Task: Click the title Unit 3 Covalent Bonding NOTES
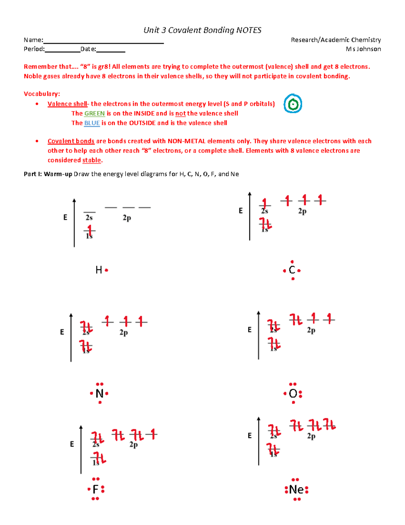(202, 30)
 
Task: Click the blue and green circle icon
(293, 103)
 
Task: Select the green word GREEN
(94, 114)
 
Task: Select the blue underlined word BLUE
(92, 123)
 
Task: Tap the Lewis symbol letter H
(99, 270)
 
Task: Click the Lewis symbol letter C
(292, 270)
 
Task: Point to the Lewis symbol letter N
(99, 393)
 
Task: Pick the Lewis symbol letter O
(293, 393)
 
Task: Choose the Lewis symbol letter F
(96, 489)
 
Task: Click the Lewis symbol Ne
(296, 490)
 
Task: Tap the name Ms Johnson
(363, 49)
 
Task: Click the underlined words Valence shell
(67, 104)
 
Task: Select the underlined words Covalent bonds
(71, 141)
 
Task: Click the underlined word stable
(91, 160)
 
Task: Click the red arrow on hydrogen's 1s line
(89, 230)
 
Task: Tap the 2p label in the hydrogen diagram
(127, 218)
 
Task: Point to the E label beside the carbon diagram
(241, 211)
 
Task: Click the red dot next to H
(107, 270)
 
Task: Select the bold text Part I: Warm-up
(48, 174)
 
